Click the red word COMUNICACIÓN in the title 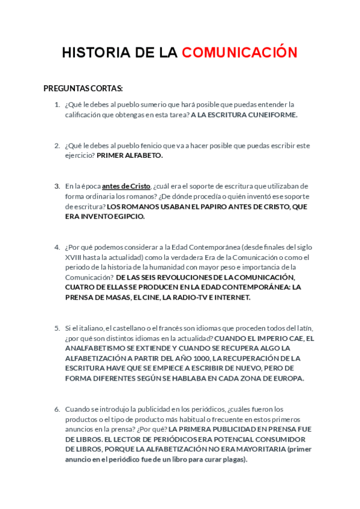[239, 53]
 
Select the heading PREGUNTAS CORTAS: [83, 88]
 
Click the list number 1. [56, 104]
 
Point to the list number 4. [56, 247]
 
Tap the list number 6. [56, 409]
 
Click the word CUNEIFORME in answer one [273, 115]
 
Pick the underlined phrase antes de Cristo [126, 186]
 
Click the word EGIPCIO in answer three [125, 216]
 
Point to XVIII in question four [75, 257]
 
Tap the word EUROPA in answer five [287, 378]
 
